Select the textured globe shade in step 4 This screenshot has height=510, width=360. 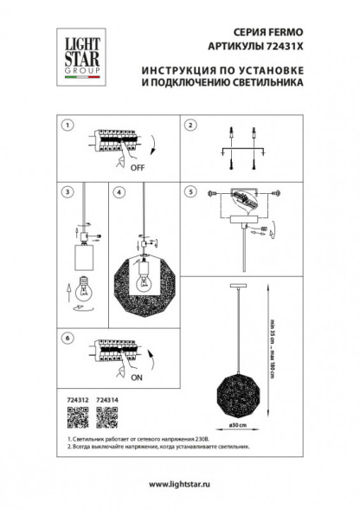pyautogui.click(x=145, y=282)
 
